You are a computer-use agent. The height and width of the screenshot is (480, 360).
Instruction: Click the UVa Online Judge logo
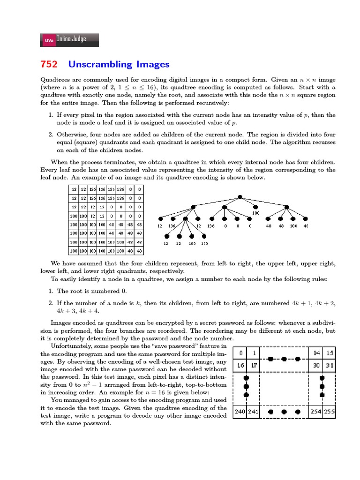point(70,40)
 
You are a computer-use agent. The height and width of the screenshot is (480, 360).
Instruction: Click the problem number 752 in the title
point(49,64)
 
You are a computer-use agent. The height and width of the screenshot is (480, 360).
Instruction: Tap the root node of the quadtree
point(240,197)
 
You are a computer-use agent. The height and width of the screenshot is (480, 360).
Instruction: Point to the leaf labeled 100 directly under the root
point(255,207)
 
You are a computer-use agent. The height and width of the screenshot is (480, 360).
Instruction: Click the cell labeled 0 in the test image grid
point(240,352)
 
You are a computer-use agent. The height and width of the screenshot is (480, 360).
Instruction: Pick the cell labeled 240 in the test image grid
point(240,412)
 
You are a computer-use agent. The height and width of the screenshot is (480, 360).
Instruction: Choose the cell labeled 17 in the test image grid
point(253,365)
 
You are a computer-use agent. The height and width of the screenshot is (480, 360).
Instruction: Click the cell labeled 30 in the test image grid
point(316,365)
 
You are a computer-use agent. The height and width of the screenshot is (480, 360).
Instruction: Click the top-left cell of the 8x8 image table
point(74,189)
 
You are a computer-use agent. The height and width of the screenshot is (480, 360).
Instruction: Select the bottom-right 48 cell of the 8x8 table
point(139,251)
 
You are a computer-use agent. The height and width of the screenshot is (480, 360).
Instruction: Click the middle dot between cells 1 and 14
point(284,359)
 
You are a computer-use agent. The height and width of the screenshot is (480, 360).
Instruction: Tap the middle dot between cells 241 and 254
point(284,412)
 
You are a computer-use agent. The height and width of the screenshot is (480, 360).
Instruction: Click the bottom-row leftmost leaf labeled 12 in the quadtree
point(166,244)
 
